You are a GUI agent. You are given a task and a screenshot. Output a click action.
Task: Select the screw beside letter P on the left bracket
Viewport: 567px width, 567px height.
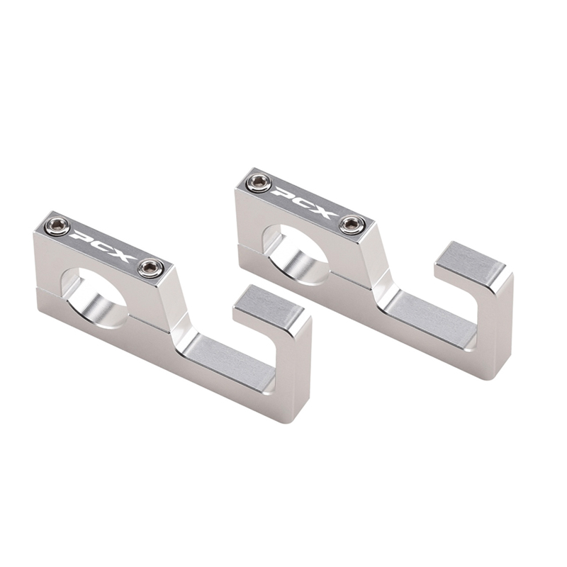coord(57,226)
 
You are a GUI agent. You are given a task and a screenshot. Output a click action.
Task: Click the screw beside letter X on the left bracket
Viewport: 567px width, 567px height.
coord(150,267)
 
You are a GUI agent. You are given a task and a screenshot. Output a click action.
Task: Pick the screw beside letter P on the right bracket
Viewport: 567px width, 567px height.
coord(259,183)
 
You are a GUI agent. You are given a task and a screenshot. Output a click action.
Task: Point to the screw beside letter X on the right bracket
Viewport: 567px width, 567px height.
coord(352,225)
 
